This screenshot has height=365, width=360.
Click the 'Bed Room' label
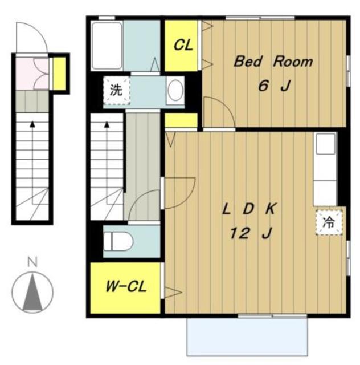[273, 62]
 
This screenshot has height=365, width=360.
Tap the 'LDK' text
[249, 209]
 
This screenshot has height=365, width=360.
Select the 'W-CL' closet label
[126, 286]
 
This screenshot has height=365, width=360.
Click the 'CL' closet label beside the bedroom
[183, 45]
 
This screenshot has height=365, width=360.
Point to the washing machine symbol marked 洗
[116, 90]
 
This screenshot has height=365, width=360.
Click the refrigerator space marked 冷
[329, 222]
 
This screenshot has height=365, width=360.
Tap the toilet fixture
[118, 241]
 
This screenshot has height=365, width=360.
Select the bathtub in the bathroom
[107, 46]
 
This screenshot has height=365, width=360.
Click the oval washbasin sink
[175, 90]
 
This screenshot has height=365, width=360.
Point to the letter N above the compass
[32, 262]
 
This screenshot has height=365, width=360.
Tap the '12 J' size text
[251, 233]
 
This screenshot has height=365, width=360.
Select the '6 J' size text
[275, 86]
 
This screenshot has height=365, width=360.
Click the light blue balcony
[247, 336]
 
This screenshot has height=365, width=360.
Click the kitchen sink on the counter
[326, 144]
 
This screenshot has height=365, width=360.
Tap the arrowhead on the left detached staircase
[32, 124]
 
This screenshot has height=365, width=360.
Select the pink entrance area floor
[24, 74]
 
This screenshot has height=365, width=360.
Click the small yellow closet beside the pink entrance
[59, 74]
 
